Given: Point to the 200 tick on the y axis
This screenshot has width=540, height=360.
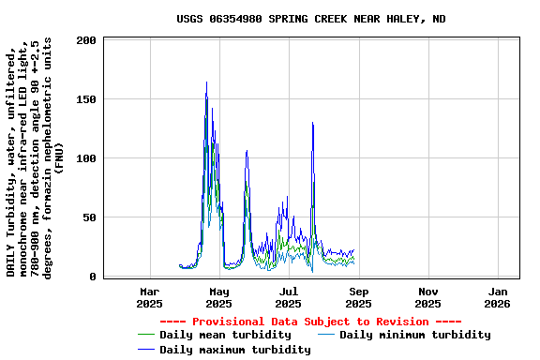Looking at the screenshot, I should pyautogui.click(x=87, y=41).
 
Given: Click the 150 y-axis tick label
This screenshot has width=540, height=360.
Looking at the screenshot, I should pyautogui.click(x=87, y=99).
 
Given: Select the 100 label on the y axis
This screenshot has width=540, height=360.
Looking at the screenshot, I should pyautogui.click(x=87, y=158).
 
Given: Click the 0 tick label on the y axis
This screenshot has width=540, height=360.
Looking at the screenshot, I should pyautogui.click(x=94, y=277).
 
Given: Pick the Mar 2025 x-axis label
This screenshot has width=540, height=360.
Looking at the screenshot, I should pyautogui.click(x=149, y=297).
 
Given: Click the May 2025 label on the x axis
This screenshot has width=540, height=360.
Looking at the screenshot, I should pyautogui.click(x=218, y=297).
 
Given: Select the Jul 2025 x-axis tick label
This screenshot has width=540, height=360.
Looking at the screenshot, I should pyautogui.click(x=289, y=297).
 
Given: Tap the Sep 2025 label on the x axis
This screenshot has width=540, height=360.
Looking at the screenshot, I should pyautogui.click(x=358, y=297).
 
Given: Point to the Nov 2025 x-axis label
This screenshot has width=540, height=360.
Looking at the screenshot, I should pyautogui.click(x=427, y=297).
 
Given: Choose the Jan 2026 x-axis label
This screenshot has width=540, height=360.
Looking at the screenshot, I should pyautogui.click(x=497, y=297).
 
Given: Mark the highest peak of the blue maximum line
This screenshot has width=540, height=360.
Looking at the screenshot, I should pyautogui.click(x=206, y=82).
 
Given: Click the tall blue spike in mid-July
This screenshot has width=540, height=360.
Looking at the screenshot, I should pyautogui.click(x=312, y=123).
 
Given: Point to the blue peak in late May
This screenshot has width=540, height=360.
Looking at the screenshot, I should pyautogui.click(x=247, y=150).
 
